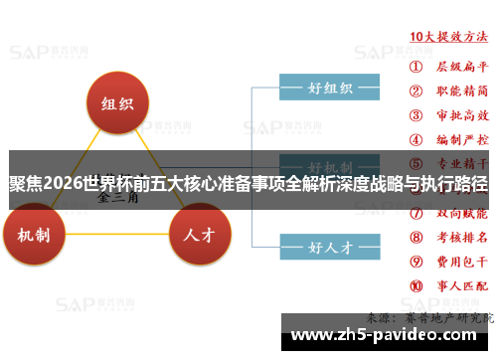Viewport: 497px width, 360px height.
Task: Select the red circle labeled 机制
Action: coord(37,236)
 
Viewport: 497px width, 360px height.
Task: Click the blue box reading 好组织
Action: coord(329,88)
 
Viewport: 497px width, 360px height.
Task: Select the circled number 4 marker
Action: coord(415,141)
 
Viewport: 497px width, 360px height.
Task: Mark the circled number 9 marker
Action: coord(415,262)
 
